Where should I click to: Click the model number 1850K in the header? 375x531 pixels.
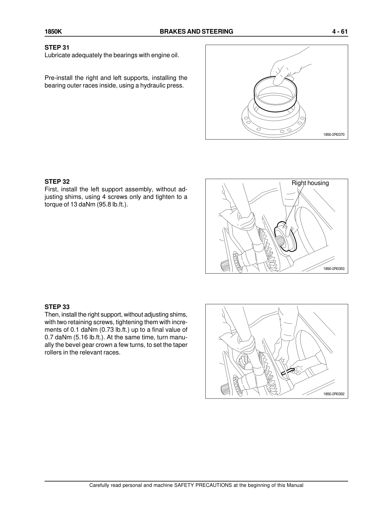point(53,32)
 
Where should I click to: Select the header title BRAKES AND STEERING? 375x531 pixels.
point(197,32)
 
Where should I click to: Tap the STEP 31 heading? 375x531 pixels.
point(57,48)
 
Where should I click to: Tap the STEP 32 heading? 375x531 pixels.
point(57,182)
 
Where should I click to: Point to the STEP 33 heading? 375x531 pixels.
point(57,307)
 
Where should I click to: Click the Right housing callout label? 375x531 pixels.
point(310,183)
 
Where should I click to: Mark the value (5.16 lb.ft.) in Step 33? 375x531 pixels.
point(70,337)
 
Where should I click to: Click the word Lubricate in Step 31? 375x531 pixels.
point(57,55)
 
